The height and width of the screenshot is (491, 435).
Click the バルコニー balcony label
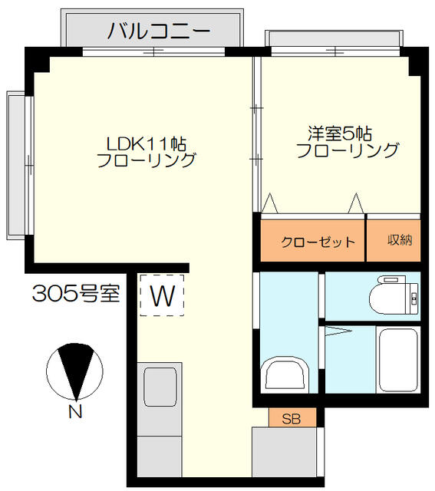coord(159,31)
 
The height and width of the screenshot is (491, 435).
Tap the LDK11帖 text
coord(147,144)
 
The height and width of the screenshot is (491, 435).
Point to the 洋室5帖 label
coord(340,133)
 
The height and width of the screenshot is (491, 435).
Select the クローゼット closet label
coord(318,242)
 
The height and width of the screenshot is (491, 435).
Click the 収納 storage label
coord(400,240)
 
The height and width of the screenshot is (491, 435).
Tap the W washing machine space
coord(162,295)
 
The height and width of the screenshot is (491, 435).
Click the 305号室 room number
coord(76,293)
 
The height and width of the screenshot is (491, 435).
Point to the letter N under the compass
coord(75,411)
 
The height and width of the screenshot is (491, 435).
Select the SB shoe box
coord(292,417)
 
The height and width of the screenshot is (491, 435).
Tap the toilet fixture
coord(394,295)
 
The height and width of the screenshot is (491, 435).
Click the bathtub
coord(398,360)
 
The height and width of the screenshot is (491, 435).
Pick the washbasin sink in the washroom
coord(285,374)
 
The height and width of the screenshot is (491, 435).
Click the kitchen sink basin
coord(160,387)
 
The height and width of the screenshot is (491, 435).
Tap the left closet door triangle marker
coord(269,203)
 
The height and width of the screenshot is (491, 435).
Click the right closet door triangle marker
coord(356,203)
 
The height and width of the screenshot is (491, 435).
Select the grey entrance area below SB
coord(284,456)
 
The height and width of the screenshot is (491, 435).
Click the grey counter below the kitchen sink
coord(160,459)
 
